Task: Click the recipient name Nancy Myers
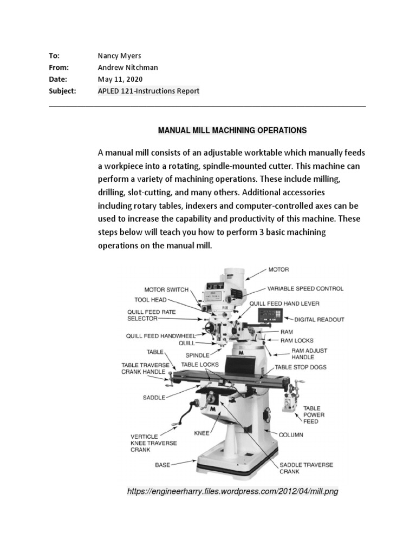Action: tap(118, 56)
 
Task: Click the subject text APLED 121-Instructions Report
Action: tap(148, 91)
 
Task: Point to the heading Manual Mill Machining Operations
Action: tap(232, 130)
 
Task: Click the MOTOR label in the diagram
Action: tap(278, 269)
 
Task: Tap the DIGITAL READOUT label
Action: tap(319, 320)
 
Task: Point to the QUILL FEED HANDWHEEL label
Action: tap(160, 335)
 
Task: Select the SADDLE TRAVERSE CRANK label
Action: tap(306, 468)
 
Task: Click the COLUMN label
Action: tap(291, 434)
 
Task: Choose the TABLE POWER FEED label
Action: tap(314, 415)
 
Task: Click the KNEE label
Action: tap(201, 433)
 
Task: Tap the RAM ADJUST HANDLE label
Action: tap(309, 354)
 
